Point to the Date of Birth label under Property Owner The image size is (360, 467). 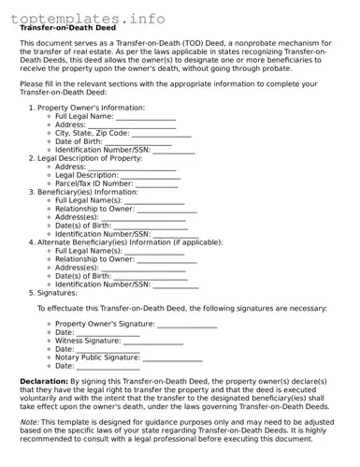pyautogui.click(x=85, y=141)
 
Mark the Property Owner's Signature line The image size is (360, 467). pyautogui.click(x=186, y=324)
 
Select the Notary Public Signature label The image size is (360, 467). pyautogui.click(x=98, y=358)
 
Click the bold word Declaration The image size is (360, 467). pyautogui.click(x=44, y=382)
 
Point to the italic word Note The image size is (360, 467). pyautogui.click(x=29, y=421)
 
